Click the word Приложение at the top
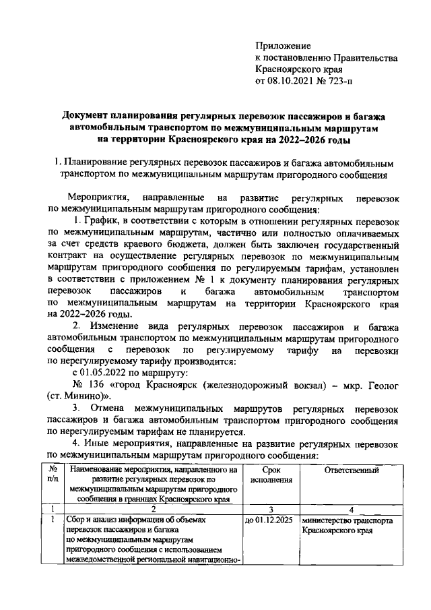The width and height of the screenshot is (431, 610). click(283, 47)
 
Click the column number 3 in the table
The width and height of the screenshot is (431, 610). click(270, 510)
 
